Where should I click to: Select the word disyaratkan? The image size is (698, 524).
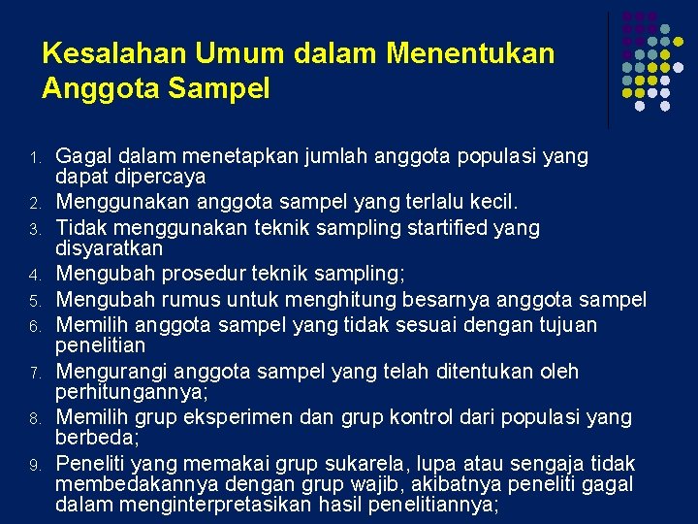[109, 248]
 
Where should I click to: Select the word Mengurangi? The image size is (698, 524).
[104, 372]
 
